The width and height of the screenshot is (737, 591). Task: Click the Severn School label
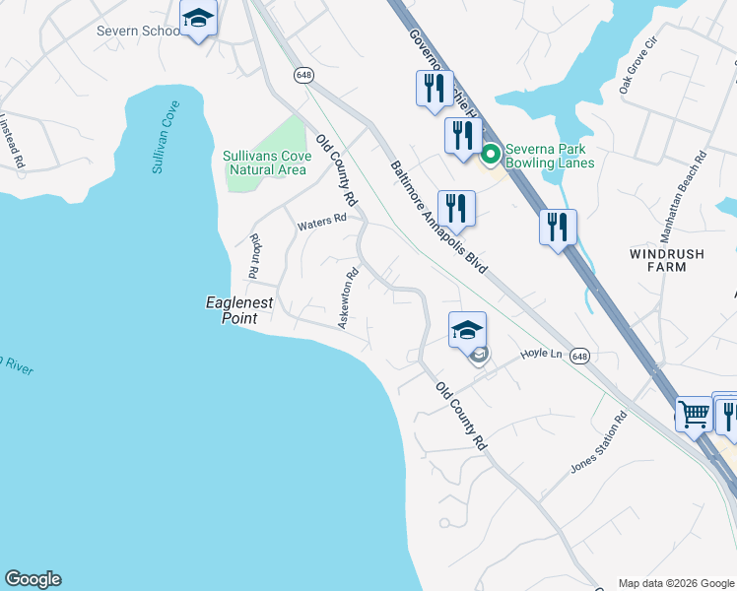(137, 31)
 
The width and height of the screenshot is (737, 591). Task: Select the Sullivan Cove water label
(166, 137)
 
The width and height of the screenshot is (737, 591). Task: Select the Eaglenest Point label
(237, 310)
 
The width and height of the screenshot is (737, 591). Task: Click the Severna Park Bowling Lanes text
(550, 156)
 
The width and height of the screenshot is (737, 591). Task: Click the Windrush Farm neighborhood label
(667, 260)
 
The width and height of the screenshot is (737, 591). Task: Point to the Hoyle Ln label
(541, 353)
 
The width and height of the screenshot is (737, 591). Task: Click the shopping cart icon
(694, 415)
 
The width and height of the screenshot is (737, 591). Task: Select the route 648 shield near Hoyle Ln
(579, 356)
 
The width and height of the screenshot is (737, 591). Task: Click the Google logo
(33, 579)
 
